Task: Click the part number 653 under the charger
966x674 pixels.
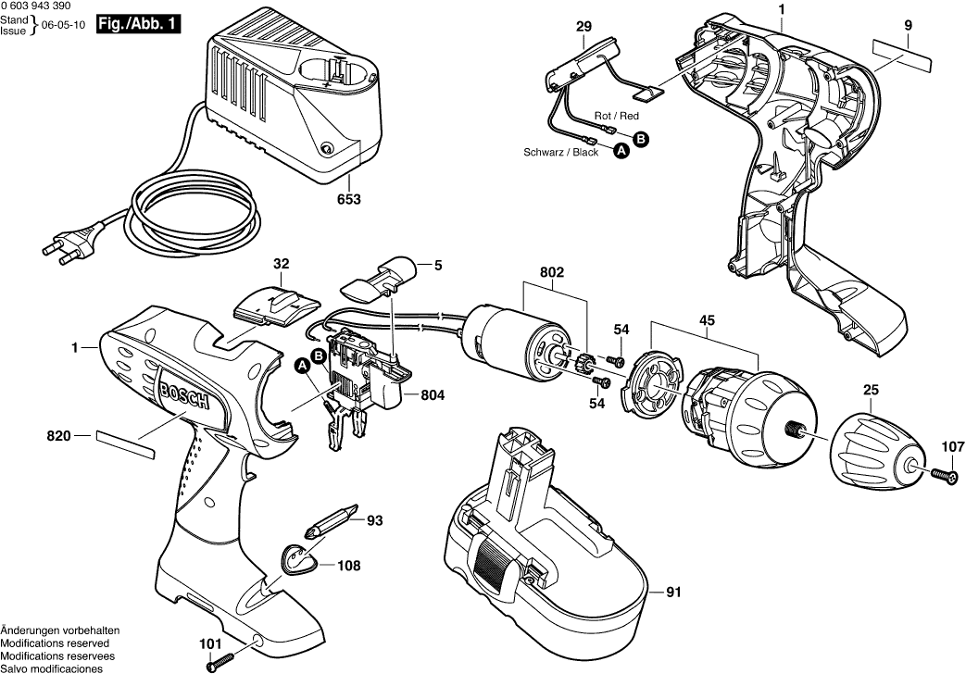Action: pyautogui.click(x=349, y=199)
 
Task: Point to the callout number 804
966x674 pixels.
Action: pyautogui.click(x=433, y=395)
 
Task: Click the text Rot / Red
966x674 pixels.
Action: pyautogui.click(x=617, y=116)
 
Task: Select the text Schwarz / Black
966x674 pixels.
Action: pyautogui.click(x=561, y=152)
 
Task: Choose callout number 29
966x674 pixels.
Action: pyautogui.click(x=583, y=28)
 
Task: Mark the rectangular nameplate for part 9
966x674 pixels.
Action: pyautogui.click(x=901, y=56)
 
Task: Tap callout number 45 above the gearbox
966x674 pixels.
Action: pyautogui.click(x=707, y=320)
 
